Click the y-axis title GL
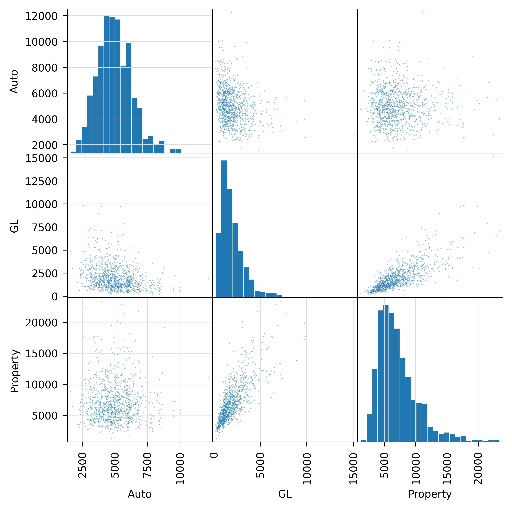pyautogui.click(x=14, y=226)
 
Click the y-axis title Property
pyautogui.click(x=15, y=371)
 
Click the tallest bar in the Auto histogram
pyautogui.click(x=106, y=85)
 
